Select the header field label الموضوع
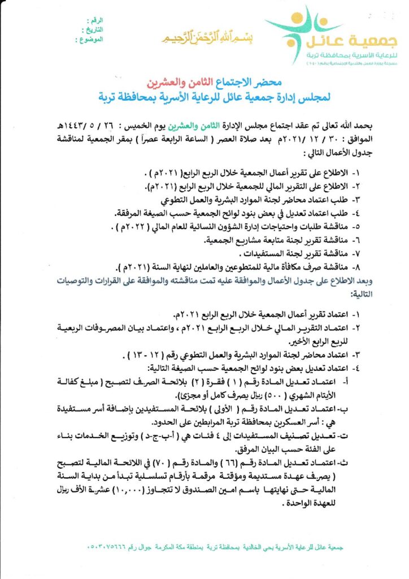point(92,40)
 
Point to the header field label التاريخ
point(94,30)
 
